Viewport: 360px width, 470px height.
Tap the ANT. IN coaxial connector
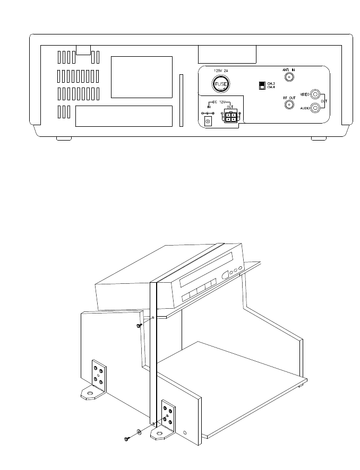290,77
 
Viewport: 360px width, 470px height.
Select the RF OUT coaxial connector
290,105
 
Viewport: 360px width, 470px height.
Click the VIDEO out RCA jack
317,95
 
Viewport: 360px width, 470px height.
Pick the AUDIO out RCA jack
317,108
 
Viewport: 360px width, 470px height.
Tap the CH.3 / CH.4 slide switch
261,85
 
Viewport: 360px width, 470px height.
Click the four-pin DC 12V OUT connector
230,117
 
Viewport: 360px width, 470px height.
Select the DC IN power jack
208,121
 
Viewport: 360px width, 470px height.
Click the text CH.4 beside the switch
271,88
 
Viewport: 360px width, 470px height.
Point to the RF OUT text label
289,98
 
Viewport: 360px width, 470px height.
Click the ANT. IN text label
290,70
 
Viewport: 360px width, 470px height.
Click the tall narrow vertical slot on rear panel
182,101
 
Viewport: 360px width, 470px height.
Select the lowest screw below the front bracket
126,439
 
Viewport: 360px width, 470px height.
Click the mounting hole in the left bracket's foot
90,394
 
